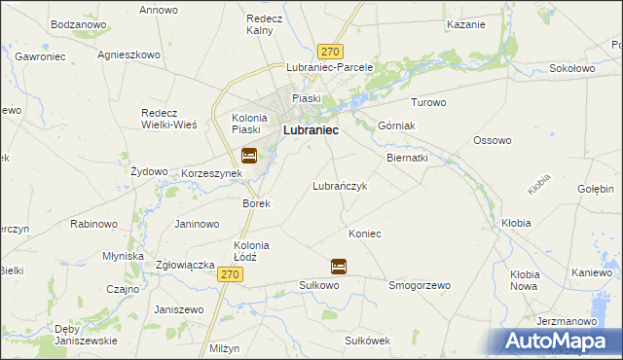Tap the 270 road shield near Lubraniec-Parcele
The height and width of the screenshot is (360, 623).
click(x=331, y=52)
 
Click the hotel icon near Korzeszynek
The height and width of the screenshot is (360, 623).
click(x=249, y=155)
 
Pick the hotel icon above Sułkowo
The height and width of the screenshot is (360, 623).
click(x=339, y=266)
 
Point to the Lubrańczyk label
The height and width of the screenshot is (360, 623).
click(x=339, y=186)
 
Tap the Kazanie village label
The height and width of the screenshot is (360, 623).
click(x=465, y=23)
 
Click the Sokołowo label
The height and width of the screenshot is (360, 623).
click(x=572, y=69)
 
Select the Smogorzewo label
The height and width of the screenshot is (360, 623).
click(x=420, y=286)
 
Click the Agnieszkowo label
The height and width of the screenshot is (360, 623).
click(x=128, y=54)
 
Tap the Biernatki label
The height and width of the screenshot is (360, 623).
click(x=407, y=157)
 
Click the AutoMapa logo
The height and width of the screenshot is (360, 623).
click(x=562, y=342)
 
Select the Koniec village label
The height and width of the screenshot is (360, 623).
click(x=364, y=234)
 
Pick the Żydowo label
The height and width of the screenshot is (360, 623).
click(x=149, y=171)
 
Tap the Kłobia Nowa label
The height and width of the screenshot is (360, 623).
click(x=525, y=280)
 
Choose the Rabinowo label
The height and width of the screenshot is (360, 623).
click(x=94, y=224)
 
